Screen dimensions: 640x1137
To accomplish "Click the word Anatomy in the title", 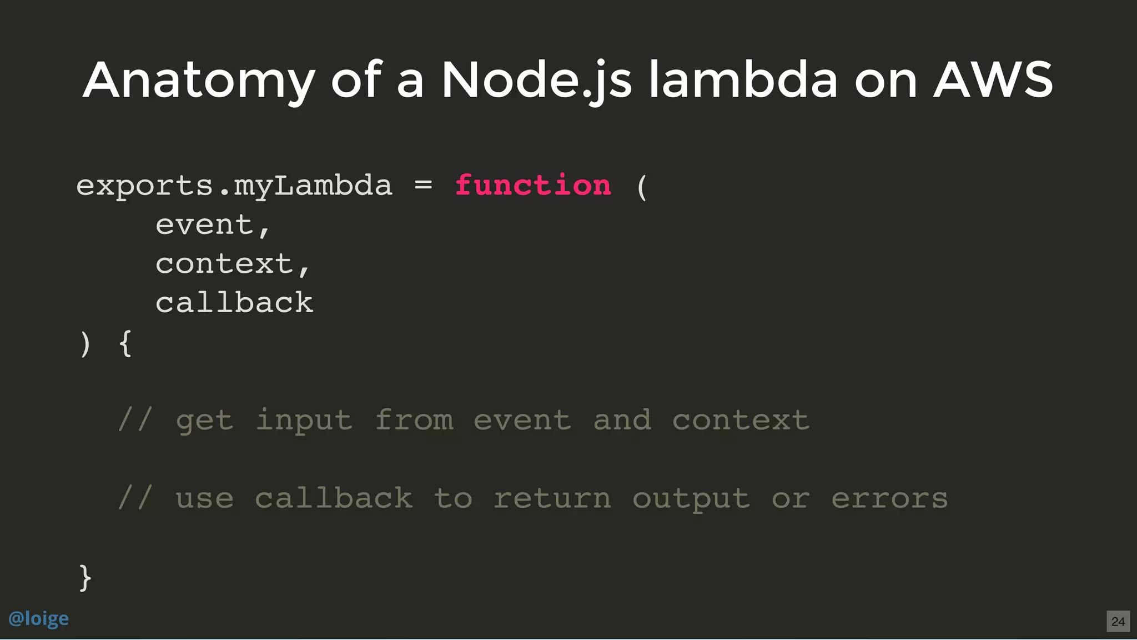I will pos(199,81).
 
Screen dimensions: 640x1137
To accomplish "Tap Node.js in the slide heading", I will pos(536,81).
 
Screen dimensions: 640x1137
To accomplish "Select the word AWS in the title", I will pos(993,80).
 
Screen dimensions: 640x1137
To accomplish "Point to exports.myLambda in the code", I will pos(234,186).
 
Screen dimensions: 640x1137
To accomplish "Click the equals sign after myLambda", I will pos(423,186).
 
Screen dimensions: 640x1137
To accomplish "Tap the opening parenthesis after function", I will pos(642,187).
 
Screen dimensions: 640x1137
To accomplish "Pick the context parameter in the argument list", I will pos(224,264).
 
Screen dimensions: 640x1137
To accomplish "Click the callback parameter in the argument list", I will pos(234,303).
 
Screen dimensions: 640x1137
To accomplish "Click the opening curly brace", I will pos(125,343).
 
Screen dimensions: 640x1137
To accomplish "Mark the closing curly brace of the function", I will pos(85,578).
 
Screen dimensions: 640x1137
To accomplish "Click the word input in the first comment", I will pos(304,421).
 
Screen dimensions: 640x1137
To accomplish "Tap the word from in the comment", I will pos(414,420).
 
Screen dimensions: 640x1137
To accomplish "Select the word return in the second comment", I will pos(552,498).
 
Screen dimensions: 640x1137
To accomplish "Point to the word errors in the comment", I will pos(889,498).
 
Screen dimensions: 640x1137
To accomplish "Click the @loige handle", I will pos(39,618).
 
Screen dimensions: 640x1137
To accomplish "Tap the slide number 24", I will pos(1118,621).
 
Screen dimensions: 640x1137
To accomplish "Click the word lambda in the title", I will pos(743,80).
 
